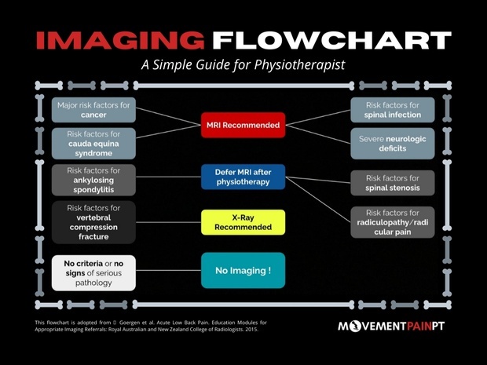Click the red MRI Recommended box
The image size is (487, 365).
(241, 125)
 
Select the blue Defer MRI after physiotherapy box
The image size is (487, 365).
(242, 177)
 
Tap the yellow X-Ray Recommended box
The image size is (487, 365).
(242, 221)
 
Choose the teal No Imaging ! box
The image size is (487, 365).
(242, 272)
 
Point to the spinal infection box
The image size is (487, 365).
(392, 110)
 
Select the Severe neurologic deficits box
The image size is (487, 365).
(392, 141)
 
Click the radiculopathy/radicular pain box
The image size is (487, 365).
(392, 221)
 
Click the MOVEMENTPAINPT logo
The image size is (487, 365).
(390, 325)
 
